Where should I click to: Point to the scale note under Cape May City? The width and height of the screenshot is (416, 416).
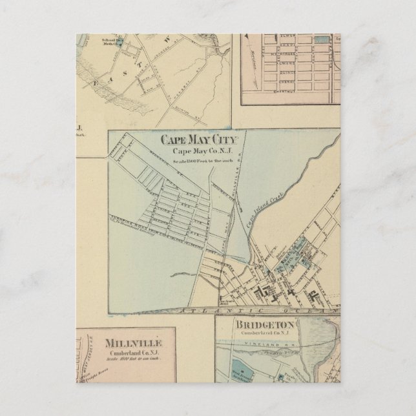[199, 160]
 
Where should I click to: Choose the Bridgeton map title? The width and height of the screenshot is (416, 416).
[264, 324]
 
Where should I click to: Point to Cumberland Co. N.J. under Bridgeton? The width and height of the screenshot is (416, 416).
[264, 333]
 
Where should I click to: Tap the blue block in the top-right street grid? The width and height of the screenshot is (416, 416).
[321, 39]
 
